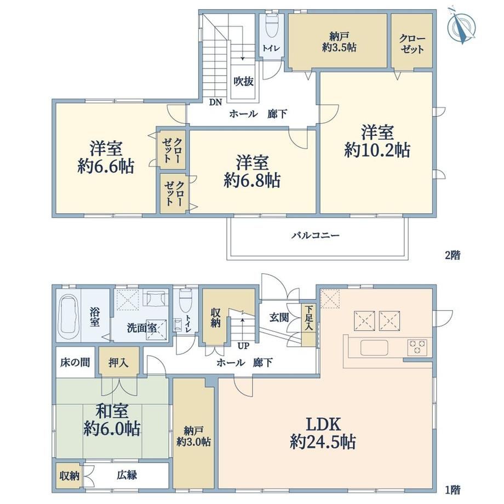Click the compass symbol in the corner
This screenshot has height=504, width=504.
click(462, 25)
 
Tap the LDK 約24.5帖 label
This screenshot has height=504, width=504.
click(323, 433)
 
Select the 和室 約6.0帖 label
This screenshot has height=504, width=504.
click(112, 420)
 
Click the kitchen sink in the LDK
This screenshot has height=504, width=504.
click(374, 347)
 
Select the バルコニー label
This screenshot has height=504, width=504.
click(316, 236)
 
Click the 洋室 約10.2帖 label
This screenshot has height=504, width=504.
click(377, 141)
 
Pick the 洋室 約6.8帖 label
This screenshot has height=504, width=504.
click(252, 171)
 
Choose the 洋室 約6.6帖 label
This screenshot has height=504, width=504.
click(106, 157)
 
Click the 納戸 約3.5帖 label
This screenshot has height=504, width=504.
click(339, 42)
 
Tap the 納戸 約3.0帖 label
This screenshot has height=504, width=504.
click(193, 436)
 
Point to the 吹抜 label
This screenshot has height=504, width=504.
click(243, 82)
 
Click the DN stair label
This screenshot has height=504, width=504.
click(215, 102)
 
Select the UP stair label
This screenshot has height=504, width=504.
click(243, 346)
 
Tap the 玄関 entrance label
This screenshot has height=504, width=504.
click(279, 318)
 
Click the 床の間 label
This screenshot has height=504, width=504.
click(75, 363)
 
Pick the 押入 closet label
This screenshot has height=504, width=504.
click(119, 363)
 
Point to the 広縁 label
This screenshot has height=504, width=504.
click(127, 475)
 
